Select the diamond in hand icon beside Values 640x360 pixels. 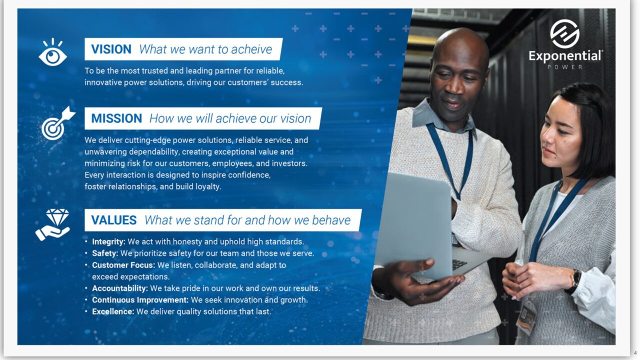tap(53, 224)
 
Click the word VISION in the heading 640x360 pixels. tap(111, 49)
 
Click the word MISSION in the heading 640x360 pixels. tap(116, 118)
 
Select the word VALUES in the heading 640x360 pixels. tap(113, 220)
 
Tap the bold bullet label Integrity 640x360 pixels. tap(108, 242)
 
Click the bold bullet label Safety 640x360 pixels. tap(105, 253)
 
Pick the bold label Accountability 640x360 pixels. tap(120, 288)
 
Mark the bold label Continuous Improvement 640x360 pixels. tap(140, 300)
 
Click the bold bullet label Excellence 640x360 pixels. tap(113, 311)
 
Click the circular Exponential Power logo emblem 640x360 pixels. tap(565, 34)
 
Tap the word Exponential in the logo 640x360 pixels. tap(565, 56)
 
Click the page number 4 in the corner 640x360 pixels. tap(635, 352)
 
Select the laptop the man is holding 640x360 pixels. tap(415, 225)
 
